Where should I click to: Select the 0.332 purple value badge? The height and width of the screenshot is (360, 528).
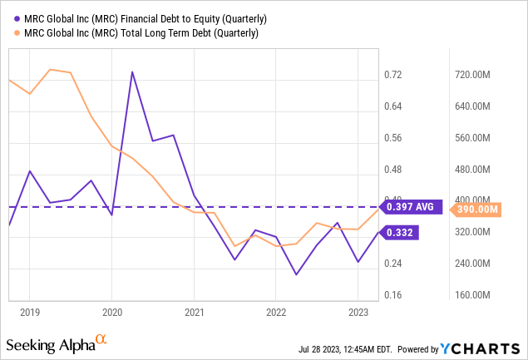tap(397, 234)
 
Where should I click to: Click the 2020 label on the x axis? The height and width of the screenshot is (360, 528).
tap(111, 312)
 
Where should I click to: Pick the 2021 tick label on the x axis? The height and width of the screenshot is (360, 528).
tap(194, 312)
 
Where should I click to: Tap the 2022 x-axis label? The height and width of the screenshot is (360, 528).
tap(275, 312)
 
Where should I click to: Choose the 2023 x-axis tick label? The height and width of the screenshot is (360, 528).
tap(357, 312)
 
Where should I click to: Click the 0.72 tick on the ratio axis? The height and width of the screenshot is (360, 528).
tap(392, 75)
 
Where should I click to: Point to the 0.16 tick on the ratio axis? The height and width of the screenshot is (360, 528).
tap(392, 295)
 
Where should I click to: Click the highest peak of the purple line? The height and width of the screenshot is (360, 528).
tap(132, 72)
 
